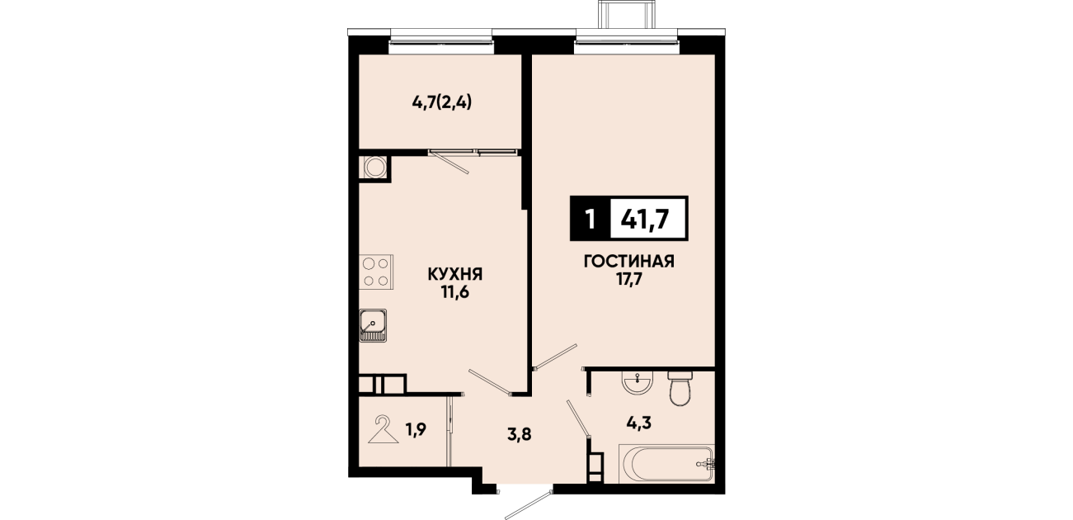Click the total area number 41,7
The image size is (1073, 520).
pos(645,220)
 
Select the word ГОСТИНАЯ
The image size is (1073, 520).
pos(629,262)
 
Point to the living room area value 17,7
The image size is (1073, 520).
pos(629,280)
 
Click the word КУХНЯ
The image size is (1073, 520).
pos(454,275)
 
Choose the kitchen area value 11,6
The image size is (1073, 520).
pos(454,292)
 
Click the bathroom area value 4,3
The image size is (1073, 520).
pos(639,423)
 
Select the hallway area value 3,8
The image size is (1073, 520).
pos(520,436)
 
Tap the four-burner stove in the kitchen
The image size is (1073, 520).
pos(377,272)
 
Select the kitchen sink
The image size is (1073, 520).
pos(373,325)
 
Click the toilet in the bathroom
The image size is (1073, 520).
pos(680,387)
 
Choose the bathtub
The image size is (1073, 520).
pos(666,463)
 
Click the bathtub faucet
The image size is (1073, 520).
pos(707,463)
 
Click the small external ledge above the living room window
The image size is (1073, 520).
pos(626,14)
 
